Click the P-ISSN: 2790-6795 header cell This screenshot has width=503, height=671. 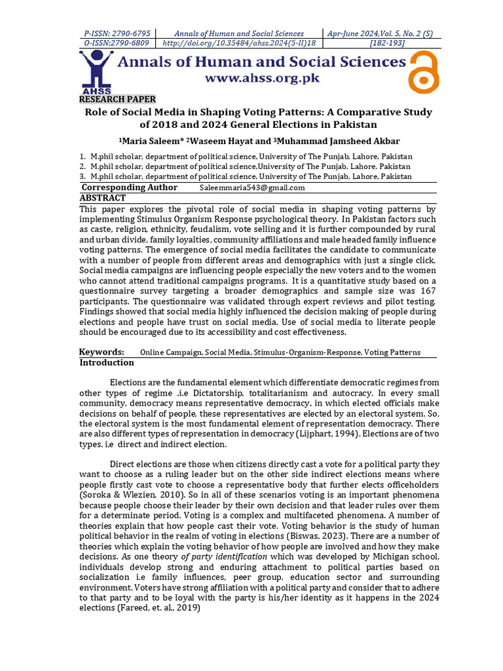118,33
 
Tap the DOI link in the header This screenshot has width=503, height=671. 238,43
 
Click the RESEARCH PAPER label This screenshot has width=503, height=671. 118,99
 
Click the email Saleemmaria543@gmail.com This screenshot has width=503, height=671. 252,188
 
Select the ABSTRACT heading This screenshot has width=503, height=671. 103,197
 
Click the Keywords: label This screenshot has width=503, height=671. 102,352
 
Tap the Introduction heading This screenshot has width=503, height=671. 107,362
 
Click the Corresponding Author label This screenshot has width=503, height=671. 130,187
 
